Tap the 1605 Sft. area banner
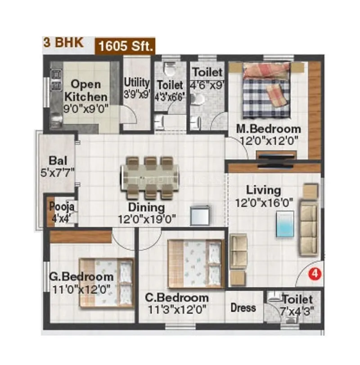tap(125, 45)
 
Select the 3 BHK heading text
tap(63, 43)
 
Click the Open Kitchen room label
tap(86, 90)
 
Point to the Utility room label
tap(137, 82)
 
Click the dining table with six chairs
tap(150, 177)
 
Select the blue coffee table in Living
tap(285, 224)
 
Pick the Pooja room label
tap(58, 207)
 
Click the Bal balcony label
tap(58, 161)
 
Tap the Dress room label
tap(243, 308)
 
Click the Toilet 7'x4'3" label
tap(297, 305)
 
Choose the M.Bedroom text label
tap(269, 129)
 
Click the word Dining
tap(146, 207)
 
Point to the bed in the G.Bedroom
tap(107, 283)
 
